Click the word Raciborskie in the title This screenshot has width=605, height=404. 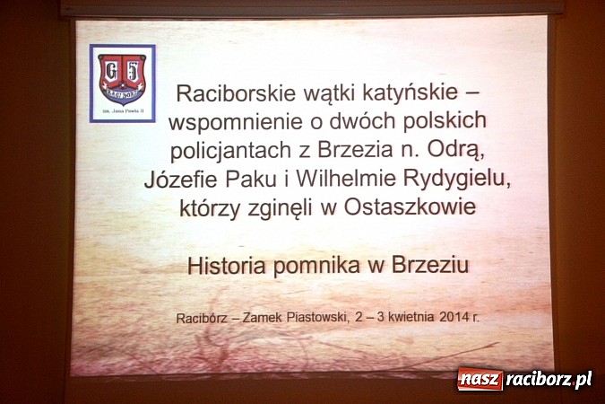pyautogui.click(x=230, y=92)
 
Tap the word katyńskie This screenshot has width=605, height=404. pyautogui.click(x=409, y=92)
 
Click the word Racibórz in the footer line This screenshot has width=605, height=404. pyautogui.click(x=204, y=317)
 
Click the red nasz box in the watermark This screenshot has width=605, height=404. pyautogui.click(x=480, y=380)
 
